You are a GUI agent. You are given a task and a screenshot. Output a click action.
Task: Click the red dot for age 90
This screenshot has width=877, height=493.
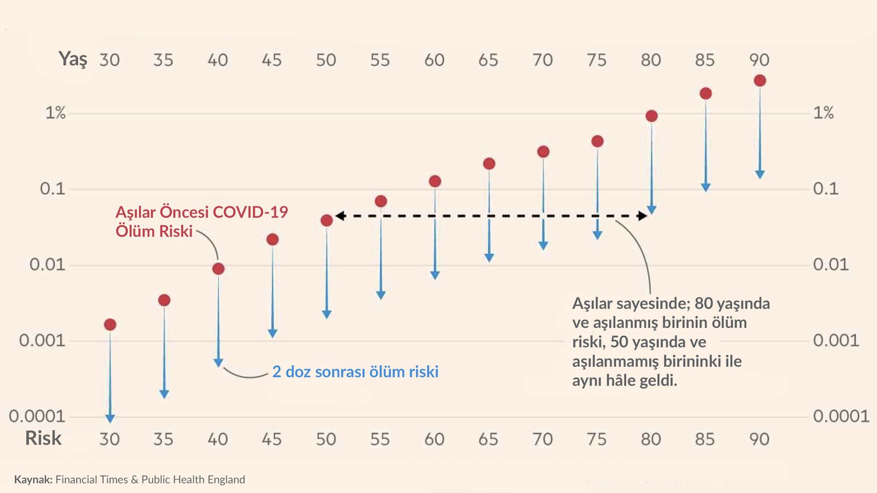click(760, 81)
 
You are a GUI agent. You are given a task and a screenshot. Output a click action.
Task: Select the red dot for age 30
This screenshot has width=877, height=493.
click(110, 325)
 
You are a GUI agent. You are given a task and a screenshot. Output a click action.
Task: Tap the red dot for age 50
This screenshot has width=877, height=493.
click(327, 220)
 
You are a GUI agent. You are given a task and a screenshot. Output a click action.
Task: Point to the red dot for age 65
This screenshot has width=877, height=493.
click(489, 164)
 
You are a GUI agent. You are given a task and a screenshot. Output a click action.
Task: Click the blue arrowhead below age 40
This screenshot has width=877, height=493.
click(218, 362)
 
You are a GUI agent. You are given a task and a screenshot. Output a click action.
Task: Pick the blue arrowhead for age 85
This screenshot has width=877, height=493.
click(706, 187)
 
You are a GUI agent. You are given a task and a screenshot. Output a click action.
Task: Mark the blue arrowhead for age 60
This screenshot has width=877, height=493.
click(435, 275)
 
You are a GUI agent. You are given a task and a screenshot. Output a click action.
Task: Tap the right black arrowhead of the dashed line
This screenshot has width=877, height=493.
click(642, 216)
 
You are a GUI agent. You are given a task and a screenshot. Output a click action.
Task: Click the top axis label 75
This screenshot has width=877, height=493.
click(596, 60)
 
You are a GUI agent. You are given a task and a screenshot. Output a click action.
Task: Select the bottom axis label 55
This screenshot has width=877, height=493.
click(380, 439)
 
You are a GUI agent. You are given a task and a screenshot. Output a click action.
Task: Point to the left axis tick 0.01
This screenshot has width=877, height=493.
click(47, 265)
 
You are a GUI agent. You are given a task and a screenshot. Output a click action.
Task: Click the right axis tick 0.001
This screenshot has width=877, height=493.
click(836, 340)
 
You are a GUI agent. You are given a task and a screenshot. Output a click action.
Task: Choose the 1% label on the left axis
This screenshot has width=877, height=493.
click(55, 113)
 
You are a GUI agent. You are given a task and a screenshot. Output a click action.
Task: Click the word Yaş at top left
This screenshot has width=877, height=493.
click(73, 59)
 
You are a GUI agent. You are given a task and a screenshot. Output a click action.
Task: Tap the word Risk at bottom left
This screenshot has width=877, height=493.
click(43, 438)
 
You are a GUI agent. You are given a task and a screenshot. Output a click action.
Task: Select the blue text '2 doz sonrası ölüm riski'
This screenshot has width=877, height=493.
click(355, 372)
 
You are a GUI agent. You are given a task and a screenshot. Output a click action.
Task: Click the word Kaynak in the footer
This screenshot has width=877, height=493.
click(33, 479)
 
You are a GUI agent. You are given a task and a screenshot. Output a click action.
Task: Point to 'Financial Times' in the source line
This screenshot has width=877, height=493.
click(92, 479)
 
